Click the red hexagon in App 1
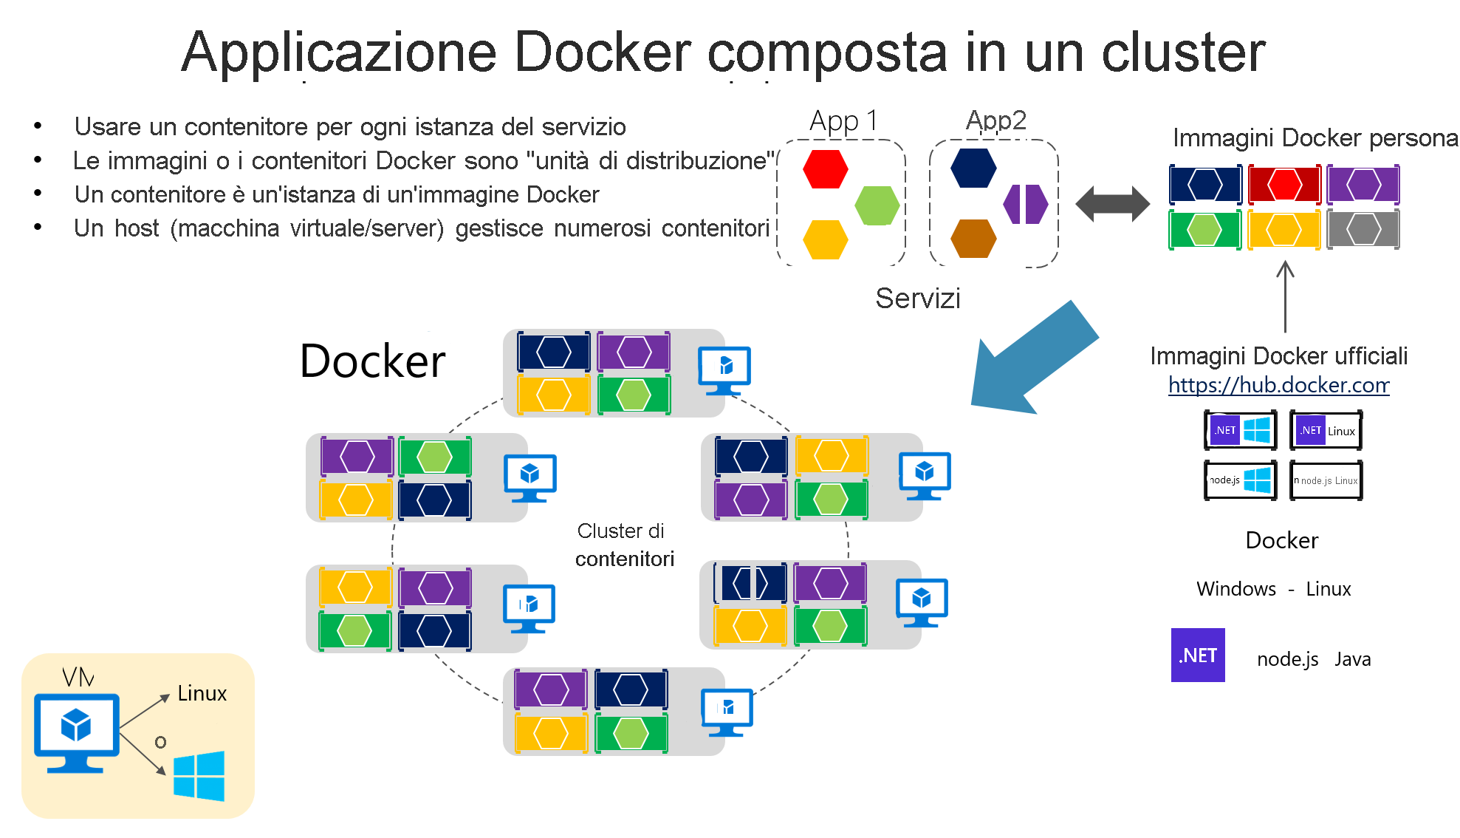pos(825,169)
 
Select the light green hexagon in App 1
pos(877,205)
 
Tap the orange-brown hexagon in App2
pos(973,239)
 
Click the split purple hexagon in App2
pos(1025,204)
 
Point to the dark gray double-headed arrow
pos(1112,204)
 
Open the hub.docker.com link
pos(1278,385)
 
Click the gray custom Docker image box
pos(1363,230)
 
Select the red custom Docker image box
pos(1284,185)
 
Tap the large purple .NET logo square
pos(1197,655)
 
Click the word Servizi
pos(917,299)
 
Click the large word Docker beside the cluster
pos(372,361)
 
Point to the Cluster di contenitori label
pos(624,545)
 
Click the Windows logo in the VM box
pos(199,776)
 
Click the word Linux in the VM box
pos(202,693)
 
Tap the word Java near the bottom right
pos(1352,659)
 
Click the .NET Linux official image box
pos(1326,431)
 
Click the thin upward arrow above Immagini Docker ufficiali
pos(1285,296)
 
